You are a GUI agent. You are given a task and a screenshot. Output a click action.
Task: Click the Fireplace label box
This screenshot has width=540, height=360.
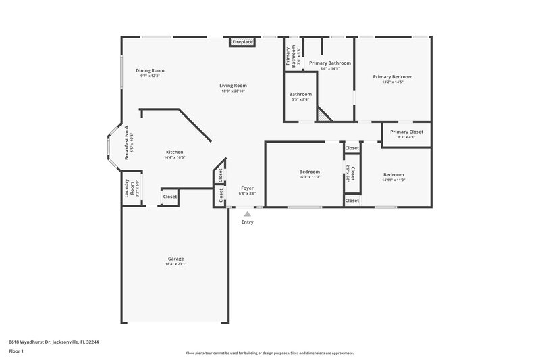(242, 42)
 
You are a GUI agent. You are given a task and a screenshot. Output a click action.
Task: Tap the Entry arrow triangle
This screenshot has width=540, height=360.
(247, 213)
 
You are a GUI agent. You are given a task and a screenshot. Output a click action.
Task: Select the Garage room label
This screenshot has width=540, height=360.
(176, 259)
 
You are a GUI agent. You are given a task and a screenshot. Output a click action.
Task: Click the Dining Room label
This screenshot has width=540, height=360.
(150, 70)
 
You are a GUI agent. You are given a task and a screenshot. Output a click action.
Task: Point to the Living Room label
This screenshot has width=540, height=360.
(234, 86)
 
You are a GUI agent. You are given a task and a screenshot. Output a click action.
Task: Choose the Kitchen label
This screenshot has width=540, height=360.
(175, 152)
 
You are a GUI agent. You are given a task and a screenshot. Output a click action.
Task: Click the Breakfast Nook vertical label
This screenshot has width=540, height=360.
(127, 143)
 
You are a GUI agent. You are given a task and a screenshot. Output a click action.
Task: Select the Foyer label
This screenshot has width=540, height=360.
(247, 188)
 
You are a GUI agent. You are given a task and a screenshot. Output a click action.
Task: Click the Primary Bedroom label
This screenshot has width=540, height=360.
(392, 77)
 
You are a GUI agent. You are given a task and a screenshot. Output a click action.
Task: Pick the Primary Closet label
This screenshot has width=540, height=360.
(406, 132)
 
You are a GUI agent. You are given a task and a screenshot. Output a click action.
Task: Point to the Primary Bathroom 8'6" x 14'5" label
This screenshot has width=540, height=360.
(330, 63)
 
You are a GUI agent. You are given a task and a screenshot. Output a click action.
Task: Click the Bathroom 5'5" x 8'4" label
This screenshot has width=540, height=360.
(300, 94)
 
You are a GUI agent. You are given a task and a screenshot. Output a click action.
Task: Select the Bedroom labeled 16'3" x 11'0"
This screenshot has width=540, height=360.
(309, 172)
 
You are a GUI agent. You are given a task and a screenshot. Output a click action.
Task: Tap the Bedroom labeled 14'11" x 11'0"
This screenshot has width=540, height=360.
(393, 174)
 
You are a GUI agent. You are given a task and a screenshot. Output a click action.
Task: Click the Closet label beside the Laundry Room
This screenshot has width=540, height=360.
(170, 197)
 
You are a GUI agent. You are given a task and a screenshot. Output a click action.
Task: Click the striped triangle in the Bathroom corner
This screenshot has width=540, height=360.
(325, 116)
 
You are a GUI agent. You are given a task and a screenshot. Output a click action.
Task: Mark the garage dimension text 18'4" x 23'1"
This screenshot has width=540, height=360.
(176, 264)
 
